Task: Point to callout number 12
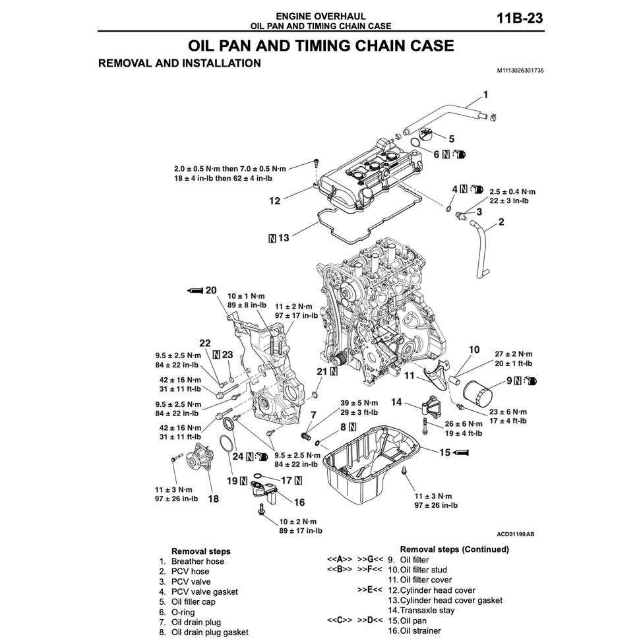274,200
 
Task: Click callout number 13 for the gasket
284,238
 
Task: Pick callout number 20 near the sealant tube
211,290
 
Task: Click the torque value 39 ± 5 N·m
359,403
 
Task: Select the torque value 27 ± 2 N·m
514,354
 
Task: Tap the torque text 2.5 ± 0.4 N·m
512,191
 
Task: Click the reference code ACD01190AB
515,534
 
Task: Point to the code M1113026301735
520,71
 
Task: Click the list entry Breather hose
197,561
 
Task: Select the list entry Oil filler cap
193,601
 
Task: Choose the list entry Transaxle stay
427,611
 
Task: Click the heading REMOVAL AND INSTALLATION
179,63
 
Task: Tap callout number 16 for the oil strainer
299,502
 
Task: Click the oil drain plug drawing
305,436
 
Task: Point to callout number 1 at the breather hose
485,95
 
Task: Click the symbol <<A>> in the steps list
340,560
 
